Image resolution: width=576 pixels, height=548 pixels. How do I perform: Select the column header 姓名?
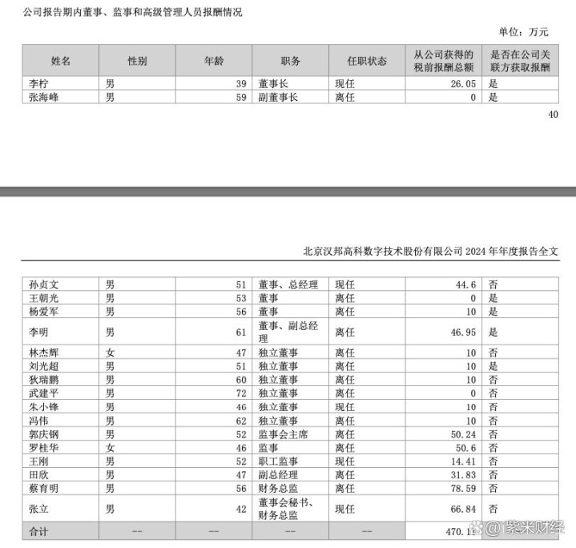tap(60, 61)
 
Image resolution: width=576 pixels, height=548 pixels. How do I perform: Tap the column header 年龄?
tap(214, 61)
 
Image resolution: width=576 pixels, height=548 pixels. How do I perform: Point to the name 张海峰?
tap(43, 97)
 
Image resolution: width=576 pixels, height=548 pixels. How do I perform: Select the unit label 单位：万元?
tap(524, 32)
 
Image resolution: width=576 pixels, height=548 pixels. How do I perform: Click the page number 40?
tap(553, 115)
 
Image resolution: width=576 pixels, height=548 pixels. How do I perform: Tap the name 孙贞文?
tap(43, 284)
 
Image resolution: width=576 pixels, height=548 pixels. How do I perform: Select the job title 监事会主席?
tap(284, 434)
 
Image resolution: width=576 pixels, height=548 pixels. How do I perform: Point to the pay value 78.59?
tap(462, 487)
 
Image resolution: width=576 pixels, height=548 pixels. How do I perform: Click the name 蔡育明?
tap(43, 487)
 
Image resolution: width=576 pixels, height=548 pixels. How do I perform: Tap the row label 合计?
tap(38, 530)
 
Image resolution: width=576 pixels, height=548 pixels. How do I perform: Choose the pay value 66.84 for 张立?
tap(462, 509)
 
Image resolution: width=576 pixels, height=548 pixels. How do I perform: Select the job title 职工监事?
tap(278, 461)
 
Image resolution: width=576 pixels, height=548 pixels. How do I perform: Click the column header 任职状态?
tap(367, 61)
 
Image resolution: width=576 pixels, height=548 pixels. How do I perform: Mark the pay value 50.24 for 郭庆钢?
tap(462, 434)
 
